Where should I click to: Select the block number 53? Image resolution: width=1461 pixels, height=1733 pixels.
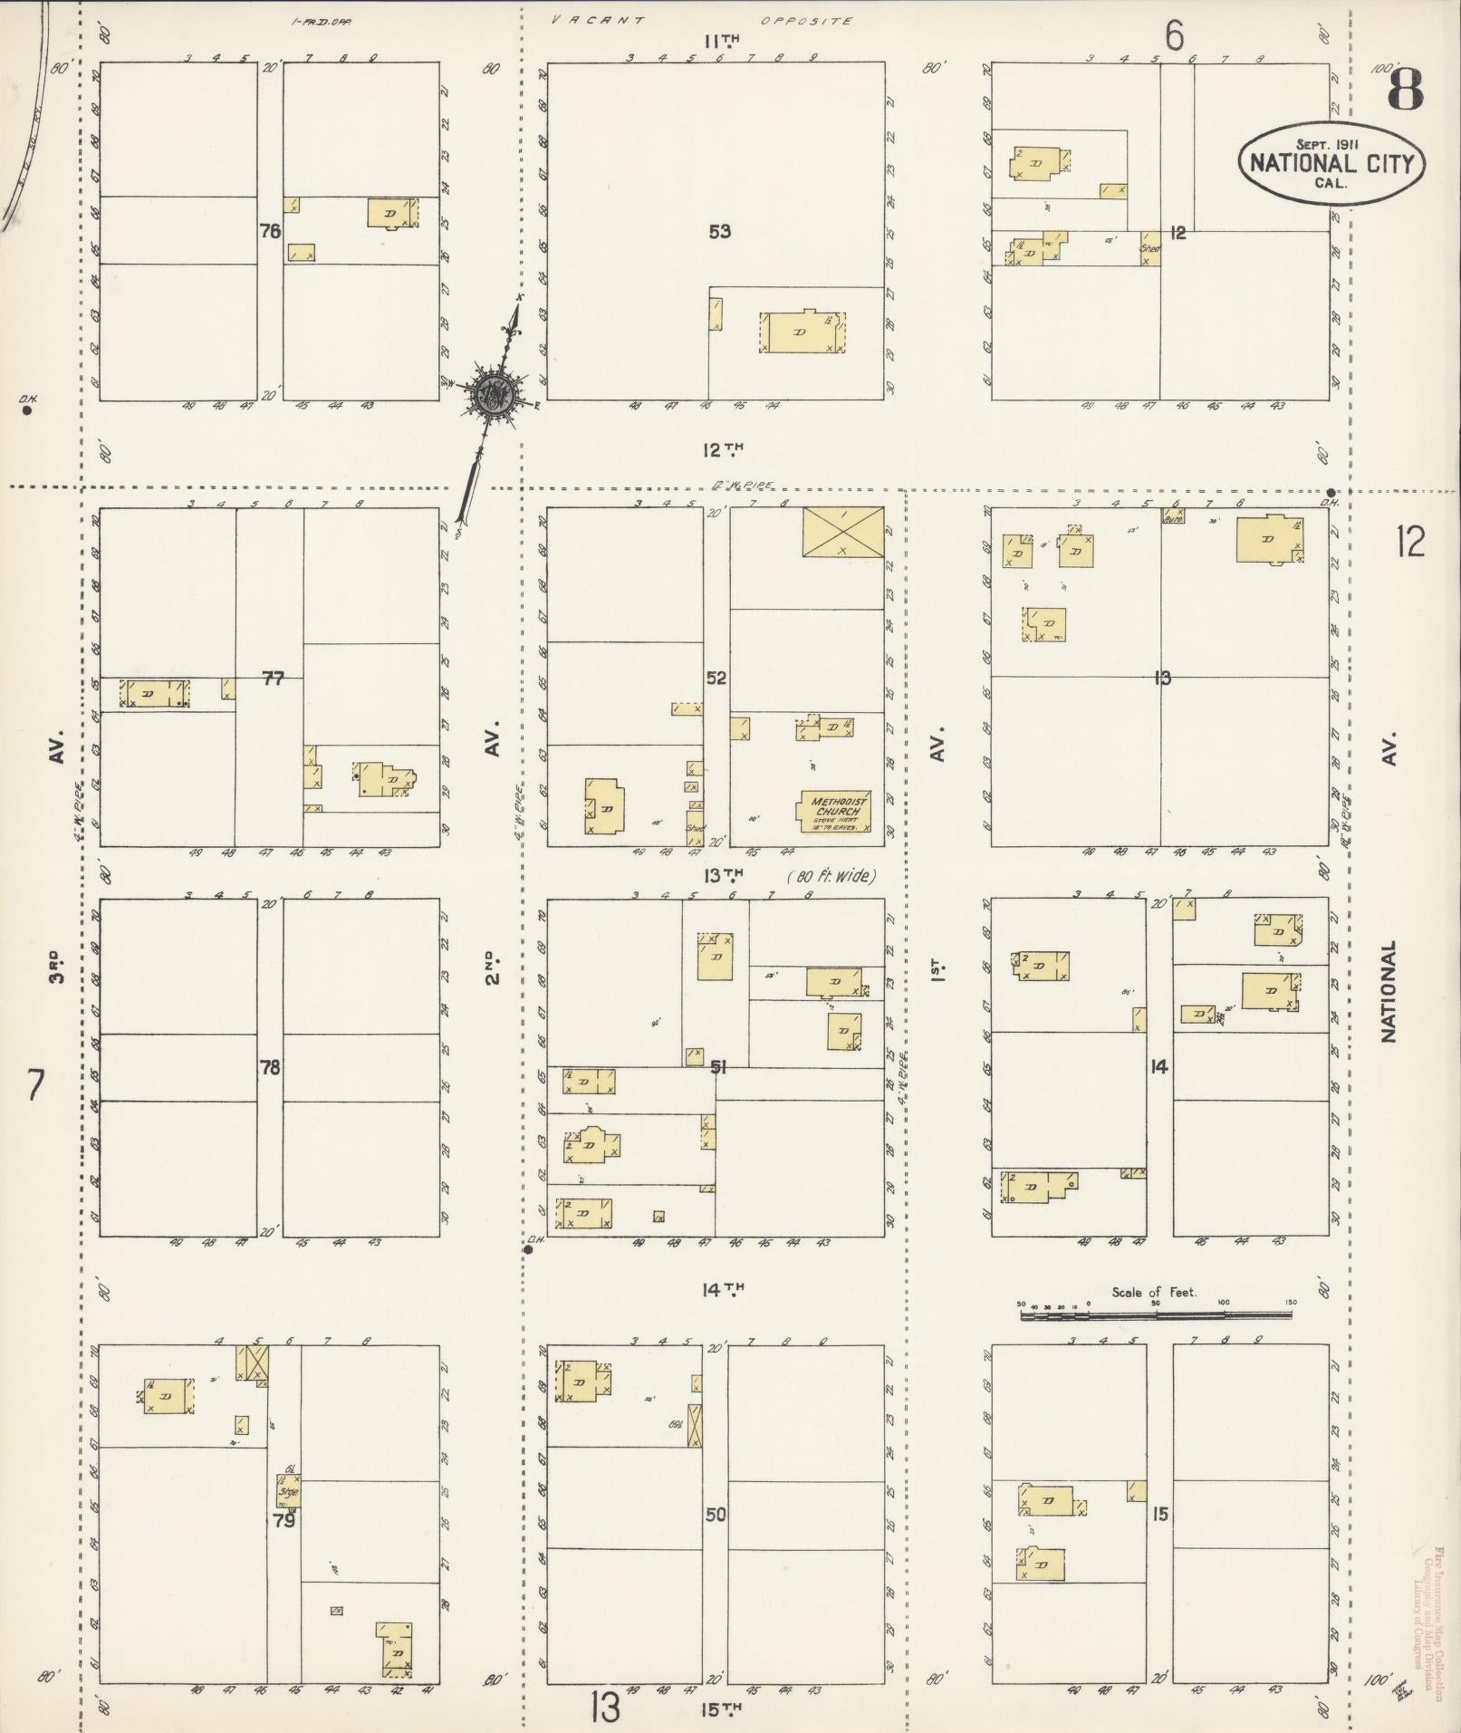pos(719,232)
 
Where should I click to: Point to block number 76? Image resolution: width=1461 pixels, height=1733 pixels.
pos(270,231)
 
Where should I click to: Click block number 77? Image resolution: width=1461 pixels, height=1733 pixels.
pos(273,678)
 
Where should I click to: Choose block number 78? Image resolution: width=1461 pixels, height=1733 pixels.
pos(270,1067)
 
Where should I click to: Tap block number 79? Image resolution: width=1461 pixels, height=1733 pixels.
pos(284,1520)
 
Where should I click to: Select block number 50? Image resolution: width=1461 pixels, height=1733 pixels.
pos(716,1514)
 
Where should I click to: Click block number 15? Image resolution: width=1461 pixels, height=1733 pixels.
pos(1160,1514)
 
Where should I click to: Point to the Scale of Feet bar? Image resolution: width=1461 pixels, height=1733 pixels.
pos(1158,1314)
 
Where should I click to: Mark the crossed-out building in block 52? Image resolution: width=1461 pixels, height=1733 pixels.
pos(842,532)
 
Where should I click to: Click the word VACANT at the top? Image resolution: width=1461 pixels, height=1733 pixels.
pos(599,21)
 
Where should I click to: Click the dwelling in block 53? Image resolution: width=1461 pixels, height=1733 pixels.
pos(802,332)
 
